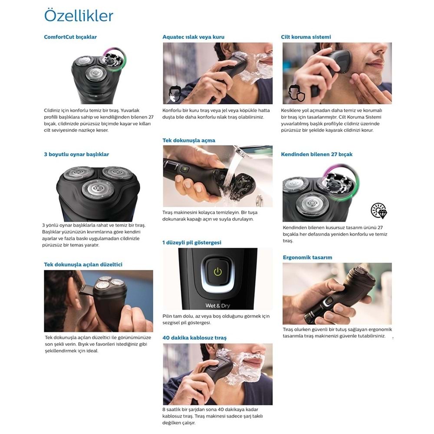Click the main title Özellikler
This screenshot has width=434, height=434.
[79, 16]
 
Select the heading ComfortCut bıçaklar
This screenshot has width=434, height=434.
[70, 37]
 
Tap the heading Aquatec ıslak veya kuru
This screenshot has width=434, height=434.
[193, 37]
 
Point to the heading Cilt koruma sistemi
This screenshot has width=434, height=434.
[306, 37]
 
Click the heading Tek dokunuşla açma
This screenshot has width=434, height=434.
[189, 140]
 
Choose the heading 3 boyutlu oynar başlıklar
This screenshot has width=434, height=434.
[76, 155]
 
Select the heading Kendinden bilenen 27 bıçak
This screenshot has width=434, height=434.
[317, 155]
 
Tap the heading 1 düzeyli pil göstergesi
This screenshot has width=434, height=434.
[192, 243]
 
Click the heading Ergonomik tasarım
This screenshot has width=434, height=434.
[308, 257]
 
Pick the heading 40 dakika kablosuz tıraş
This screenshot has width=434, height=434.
[194, 338]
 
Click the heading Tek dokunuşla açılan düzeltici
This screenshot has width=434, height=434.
[83, 265]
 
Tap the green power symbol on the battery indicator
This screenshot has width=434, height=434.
[218, 272]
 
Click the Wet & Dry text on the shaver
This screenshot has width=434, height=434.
[217, 306]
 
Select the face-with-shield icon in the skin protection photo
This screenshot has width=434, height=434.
[297, 93]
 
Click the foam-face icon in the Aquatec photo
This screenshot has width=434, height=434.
[175, 94]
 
